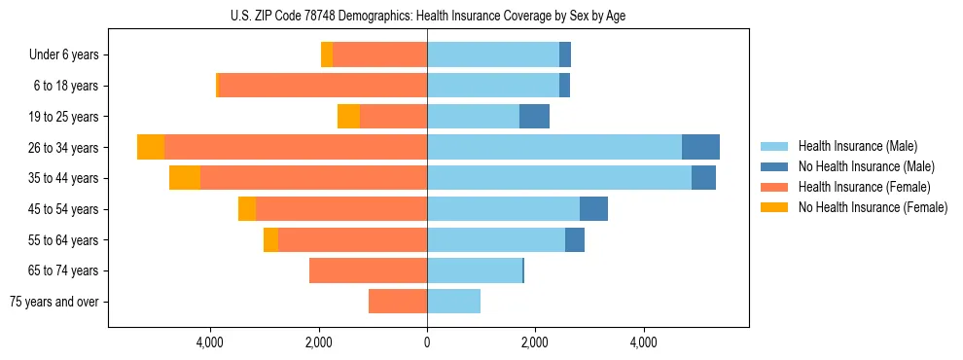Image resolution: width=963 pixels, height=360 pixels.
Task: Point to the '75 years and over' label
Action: (54, 302)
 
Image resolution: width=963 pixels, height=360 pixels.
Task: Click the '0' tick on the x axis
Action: (427, 342)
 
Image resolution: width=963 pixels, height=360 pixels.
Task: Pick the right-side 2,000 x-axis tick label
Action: (534, 342)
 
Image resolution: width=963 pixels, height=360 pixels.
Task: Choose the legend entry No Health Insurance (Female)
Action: (873, 207)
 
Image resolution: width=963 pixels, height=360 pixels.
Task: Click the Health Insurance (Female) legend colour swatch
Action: (774, 187)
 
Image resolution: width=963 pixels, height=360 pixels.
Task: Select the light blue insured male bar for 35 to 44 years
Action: (559, 178)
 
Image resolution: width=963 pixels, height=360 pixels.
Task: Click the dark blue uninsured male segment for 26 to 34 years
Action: (700, 147)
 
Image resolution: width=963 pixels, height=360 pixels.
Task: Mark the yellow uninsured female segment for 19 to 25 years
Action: (348, 117)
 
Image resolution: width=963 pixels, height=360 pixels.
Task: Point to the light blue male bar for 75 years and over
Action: (453, 302)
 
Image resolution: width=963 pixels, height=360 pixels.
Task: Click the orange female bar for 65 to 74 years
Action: (368, 270)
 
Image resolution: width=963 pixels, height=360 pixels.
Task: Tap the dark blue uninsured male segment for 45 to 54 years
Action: (593, 209)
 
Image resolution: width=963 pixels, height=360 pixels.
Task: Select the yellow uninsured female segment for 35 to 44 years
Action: (185, 178)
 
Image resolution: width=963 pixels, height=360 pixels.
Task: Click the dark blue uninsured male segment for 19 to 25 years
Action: (534, 117)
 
